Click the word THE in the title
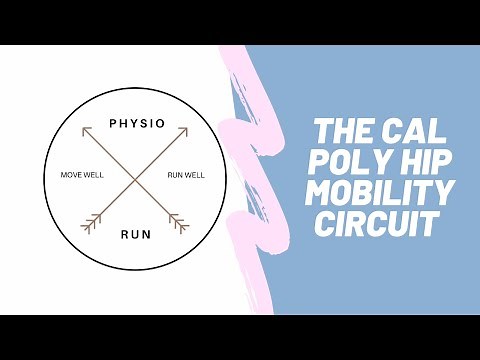coord(342,133)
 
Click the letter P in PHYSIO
coord(113,125)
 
